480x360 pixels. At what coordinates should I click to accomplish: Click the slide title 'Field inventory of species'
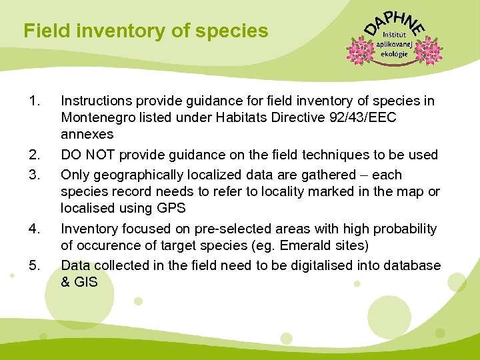pyautogui.click(x=145, y=31)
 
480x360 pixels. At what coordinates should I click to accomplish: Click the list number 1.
pyautogui.click(x=35, y=101)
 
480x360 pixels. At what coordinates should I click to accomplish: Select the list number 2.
pyautogui.click(x=35, y=155)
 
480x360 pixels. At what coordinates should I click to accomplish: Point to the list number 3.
pyautogui.click(x=35, y=175)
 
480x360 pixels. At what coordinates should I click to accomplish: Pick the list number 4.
pyautogui.click(x=35, y=229)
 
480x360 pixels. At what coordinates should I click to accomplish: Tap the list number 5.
pyautogui.click(x=35, y=265)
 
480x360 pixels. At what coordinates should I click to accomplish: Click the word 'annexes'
pyautogui.click(x=87, y=135)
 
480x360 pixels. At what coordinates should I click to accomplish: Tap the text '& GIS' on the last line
pyautogui.click(x=79, y=282)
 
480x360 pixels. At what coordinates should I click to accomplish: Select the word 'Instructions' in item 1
pyautogui.click(x=96, y=101)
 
